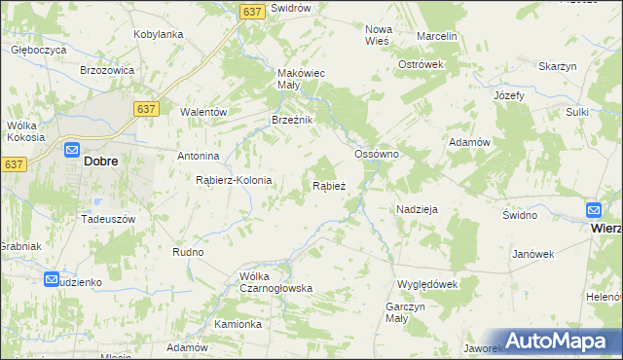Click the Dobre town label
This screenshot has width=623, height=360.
click(101, 162)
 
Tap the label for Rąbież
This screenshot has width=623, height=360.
click(328, 186)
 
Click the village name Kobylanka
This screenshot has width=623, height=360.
click(158, 34)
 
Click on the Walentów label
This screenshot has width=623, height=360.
click(202, 112)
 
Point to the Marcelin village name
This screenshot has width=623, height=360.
click(436, 36)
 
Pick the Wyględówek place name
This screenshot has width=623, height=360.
click(426, 283)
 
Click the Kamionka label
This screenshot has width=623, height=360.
click(238, 324)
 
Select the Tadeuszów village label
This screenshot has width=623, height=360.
click(107, 220)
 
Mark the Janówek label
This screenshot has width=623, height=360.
click(532, 254)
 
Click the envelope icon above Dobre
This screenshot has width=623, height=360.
click(72, 150)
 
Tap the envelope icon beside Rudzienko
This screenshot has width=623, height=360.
click(52, 279)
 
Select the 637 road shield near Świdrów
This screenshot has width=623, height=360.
click(252, 11)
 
